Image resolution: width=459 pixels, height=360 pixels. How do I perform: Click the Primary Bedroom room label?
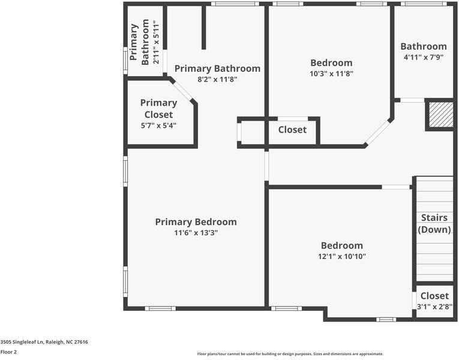tap(196, 222)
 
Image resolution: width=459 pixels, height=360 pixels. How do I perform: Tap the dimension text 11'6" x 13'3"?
tap(196, 233)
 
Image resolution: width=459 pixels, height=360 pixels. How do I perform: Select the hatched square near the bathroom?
tap(440, 114)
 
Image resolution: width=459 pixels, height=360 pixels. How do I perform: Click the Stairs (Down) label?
tap(434, 223)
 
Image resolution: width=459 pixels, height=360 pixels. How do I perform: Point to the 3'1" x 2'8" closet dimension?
tap(434, 307)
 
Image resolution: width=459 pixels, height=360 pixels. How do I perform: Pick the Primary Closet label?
tap(158, 109)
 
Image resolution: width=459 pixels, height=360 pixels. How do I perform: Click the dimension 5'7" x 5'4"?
tap(158, 125)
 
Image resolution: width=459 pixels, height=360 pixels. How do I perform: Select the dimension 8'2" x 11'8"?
tap(217, 79)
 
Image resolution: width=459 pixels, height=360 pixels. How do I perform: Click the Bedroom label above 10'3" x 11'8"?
tap(331, 63)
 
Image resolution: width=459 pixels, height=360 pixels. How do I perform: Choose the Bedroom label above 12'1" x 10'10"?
tap(341, 245)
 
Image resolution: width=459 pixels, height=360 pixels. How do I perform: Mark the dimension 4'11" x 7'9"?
tap(423, 57)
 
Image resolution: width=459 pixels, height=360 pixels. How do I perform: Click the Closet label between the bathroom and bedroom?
tap(292, 130)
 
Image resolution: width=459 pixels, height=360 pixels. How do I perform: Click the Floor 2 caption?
tap(8, 352)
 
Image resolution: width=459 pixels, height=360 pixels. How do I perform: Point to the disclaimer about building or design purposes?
tap(290, 354)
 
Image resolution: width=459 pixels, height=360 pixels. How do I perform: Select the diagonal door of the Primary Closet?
tap(184, 91)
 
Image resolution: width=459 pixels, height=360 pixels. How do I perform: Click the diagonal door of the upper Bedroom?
tap(378, 133)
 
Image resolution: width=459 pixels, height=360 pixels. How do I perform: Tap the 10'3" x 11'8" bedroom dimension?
tap(331, 74)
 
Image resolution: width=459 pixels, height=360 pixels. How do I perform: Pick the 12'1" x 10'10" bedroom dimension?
tap(341, 256)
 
